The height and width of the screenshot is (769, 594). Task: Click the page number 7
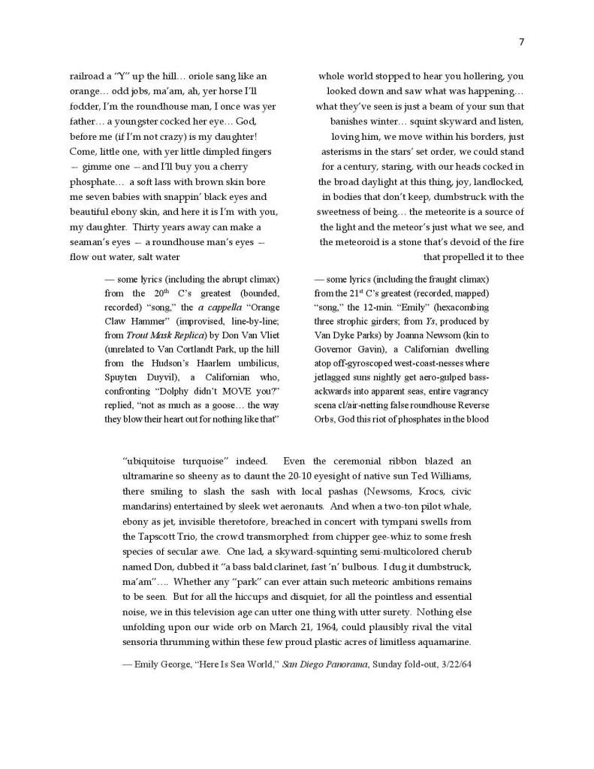(x=521, y=41)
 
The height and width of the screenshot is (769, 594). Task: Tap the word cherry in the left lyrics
(x=249, y=166)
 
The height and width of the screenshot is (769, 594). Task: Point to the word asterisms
(x=345, y=151)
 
